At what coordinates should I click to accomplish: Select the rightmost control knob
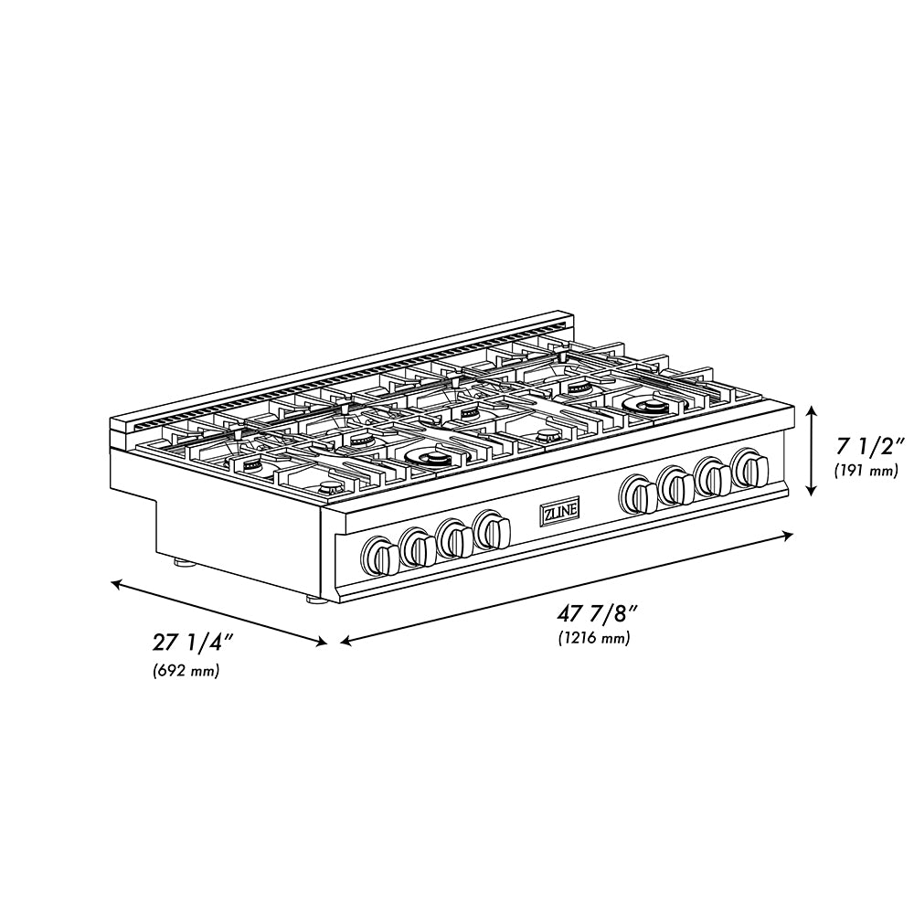(x=751, y=469)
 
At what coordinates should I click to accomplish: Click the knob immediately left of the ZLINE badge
(x=494, y=529)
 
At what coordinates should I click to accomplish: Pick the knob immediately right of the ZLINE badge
(x=638, y=494)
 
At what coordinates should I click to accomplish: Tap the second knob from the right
(x=713, y=477)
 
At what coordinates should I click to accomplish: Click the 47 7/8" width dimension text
(x=592, y=614)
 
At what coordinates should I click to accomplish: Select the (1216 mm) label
(x=593, y=638)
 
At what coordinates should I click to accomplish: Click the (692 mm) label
(x=186, y=672)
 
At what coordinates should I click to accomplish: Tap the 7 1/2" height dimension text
(x=869, y=447)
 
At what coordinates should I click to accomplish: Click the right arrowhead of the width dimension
(x=789, y=537)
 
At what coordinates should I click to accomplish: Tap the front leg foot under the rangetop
(x=314, y=600)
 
